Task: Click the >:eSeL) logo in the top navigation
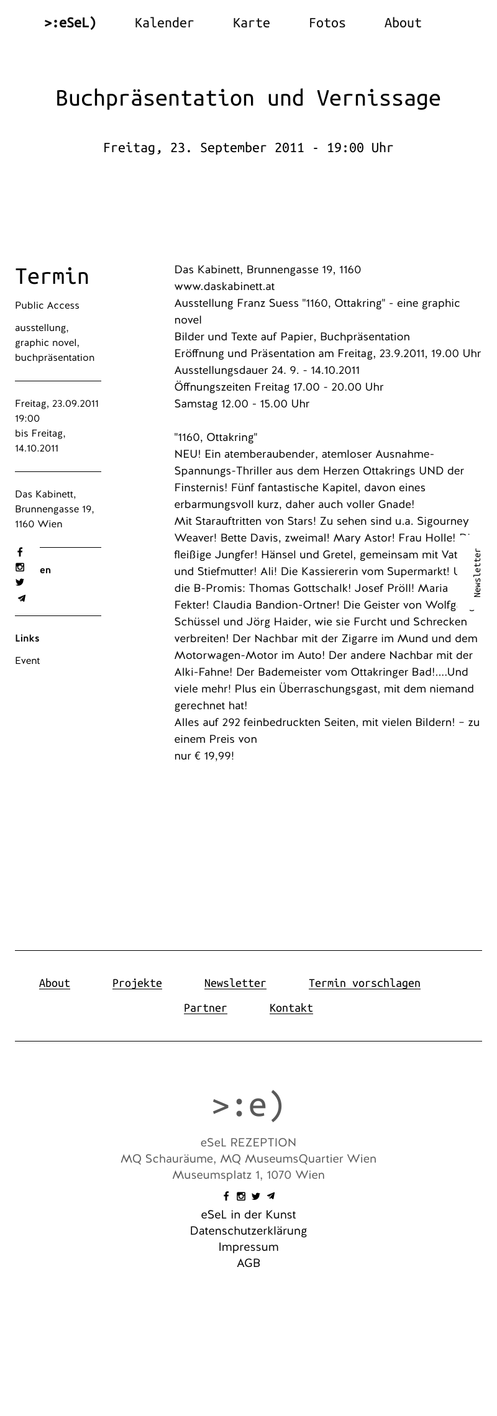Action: tap(70, 23)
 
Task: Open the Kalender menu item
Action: tap(164, 23)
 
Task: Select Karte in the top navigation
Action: tap(251, 23)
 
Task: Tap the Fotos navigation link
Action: tap(327, 23)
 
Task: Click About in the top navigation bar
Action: tap(403, 23)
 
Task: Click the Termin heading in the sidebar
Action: tap(52, 276)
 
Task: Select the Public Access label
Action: tap(47, 306)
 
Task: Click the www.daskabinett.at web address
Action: tap(224, 286)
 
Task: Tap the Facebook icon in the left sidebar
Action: tap(20, 552)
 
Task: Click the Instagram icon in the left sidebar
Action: tap(20, 567)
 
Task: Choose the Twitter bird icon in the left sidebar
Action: tap(20, 583)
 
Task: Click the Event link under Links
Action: tap(27, 661)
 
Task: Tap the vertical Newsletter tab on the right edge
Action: tap(477, 573)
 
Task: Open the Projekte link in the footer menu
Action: tap(137, 983)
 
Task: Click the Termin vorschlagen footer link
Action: tap(365, 983)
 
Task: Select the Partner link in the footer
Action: tap(206, 1008)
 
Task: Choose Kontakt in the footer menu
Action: tap(291, 1008)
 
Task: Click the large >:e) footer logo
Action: tap(248, 1105)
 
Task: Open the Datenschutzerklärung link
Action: tap(248, 1231)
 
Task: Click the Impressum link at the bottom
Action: tap(248, 1247)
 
